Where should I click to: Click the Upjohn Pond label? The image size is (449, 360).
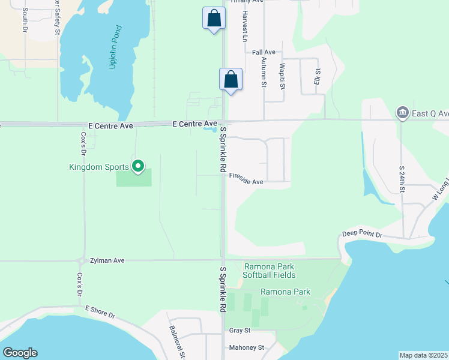[x=116, y=47]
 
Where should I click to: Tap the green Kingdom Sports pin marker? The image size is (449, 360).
[x=138, y=166]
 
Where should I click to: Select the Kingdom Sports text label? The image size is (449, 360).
[x=100, y=167]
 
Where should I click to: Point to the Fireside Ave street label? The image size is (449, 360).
[x=246, y=182]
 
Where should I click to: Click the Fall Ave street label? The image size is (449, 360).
[x=263, y=52]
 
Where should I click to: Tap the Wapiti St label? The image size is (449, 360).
[x=282, y=77]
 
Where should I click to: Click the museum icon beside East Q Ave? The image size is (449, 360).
[x=402, y=113]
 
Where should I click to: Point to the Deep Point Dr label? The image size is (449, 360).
[x=362, y=233]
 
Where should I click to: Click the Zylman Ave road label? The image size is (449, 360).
[x=107, y=260]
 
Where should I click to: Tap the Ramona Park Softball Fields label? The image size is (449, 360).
[x=269, y=271]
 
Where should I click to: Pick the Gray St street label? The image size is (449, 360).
[x=240, y=331]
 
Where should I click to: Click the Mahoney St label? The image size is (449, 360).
[x=247, y=347]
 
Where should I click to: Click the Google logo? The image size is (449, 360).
[x=20, y=353]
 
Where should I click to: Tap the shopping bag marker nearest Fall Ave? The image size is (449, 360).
[x=231, y=80]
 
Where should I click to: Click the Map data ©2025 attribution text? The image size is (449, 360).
[x=423, y=355]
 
